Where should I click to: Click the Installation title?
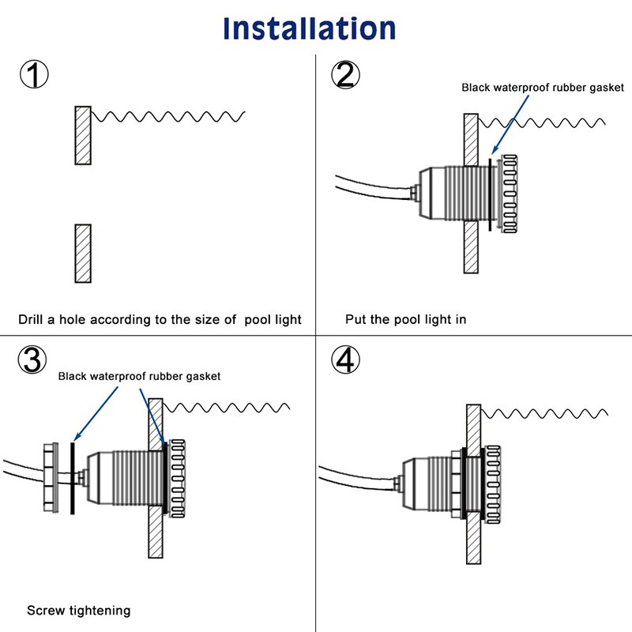click(x=309, y=28)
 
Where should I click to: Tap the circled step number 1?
click(x=34, y=77)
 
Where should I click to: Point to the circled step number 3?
click(x=34, y=360)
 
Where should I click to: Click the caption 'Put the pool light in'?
click(x=405, y=320)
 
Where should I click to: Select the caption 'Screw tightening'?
click(x=79, y=611)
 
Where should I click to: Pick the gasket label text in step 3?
click(x=139, y=377)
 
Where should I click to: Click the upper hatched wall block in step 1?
click(x=83, y=135)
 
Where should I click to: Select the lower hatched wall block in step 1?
click(x=83, y=253)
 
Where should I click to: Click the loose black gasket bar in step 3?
click(x=72, y=478)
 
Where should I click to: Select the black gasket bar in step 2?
click(x=490, y=194)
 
